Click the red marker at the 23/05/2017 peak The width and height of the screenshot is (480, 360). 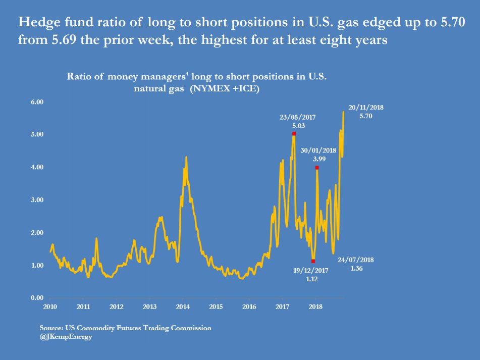click(x=294, y=134)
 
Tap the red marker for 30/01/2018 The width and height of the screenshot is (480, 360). click(x=317, y=168)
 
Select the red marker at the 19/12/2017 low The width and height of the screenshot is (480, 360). click(x=313, y=261)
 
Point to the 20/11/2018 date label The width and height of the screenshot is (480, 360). click(x=366, y=107)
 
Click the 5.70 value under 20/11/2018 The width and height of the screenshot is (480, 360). click(x=366, y=116)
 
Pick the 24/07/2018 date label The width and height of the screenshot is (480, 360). click(x=356, y=260)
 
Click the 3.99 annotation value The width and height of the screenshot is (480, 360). click(x=319, y=159)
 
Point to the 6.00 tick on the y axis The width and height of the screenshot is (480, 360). click(x=38, y=102)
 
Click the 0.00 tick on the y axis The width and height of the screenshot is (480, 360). click(x=38, y=298)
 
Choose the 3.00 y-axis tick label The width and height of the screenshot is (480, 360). click(x=38, y=200)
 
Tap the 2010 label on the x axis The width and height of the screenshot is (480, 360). click(x=49, y=306)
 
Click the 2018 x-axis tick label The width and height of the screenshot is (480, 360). click(x=316, y=306)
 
